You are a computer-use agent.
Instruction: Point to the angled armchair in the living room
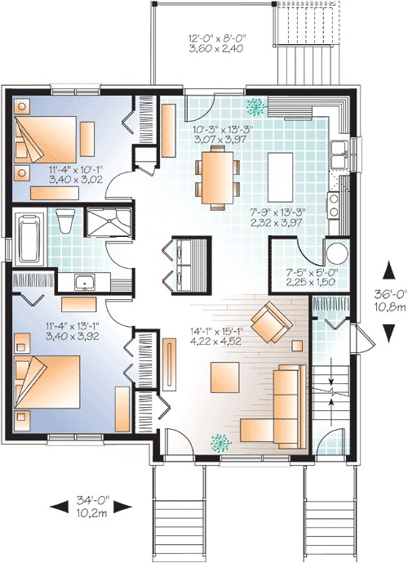click(269, 321)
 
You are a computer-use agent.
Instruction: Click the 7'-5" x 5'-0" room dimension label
click(303, 279)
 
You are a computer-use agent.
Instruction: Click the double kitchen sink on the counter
click(339, 150)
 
